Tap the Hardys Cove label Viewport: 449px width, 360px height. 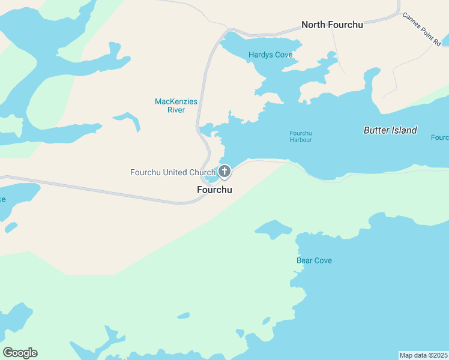tap(270, 55)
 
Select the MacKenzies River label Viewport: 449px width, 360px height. tap(176, 101)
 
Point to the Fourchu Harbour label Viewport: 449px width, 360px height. tap(301, 136)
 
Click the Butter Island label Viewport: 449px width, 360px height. tap(390, 130)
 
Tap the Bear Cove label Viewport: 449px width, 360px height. tap(314, 260)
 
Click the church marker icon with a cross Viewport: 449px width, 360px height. tap(224, 172)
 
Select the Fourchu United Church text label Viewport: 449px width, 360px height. tap(173, 173)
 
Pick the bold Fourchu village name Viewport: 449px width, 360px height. tap(214, 190)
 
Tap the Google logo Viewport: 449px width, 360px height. tap(20, 353)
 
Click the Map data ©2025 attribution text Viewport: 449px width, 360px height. tap(423, 355)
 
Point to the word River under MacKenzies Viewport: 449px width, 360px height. tap(176, 110)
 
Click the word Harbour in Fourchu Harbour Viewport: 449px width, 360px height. tap(301, 140)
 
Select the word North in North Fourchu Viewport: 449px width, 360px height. tap(314, 25)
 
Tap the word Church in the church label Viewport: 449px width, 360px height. tap(202, 173)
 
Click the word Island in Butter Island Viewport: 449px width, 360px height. tap(403, 130)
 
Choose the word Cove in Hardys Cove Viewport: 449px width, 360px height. tap(283, 55)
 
